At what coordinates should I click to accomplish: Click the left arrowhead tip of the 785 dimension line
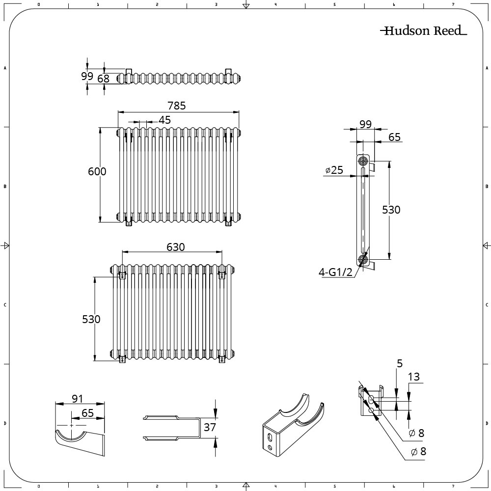[x=118, y=111]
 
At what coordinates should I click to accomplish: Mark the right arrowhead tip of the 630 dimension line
[x=222, y=251]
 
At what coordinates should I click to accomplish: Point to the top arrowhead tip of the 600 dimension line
[x=100, y=128]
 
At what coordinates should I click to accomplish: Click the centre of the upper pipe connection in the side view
[x=363, y=162]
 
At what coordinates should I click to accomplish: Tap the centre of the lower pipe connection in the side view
[x=363, y=260]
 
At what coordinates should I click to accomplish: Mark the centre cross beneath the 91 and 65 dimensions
[x=71, y=426]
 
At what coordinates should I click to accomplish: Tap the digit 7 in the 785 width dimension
[x=170, y=106]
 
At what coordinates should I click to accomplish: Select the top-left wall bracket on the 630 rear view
[x=122, y=276]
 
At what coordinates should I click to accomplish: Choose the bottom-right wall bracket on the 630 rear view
[x=222, y=359]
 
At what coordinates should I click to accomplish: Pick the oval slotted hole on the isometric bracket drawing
[x=270, y=437]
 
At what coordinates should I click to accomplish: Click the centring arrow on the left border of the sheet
[x=4, y=246]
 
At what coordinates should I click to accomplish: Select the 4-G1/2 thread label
[x=335, y=272]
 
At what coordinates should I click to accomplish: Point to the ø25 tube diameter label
[x=334, y=170]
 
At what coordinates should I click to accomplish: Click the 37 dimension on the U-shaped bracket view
[x=210, y=427]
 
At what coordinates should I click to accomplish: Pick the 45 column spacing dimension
[x=164, y=120]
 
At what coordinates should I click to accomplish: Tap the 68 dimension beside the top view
[x=103, y=79]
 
